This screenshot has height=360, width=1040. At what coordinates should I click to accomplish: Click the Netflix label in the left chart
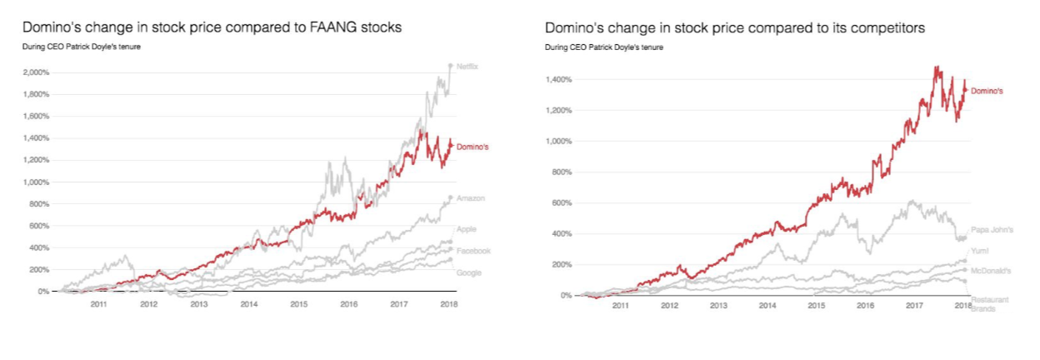(x=467, y=66)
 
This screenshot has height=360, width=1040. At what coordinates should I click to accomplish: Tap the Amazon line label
(x=471, y=198)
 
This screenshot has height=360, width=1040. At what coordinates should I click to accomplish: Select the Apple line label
(x=466, y=229)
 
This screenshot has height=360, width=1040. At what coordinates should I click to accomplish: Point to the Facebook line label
(x=473, y=251)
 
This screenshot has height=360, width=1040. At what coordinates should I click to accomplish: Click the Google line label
(x=469, y=272)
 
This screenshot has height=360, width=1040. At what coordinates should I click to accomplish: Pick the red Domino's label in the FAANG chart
(x=472, y=147)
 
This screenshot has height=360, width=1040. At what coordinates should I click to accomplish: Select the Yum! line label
(x=980, y=251)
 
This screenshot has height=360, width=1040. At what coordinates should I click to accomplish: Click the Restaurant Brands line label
(x=988, y=301)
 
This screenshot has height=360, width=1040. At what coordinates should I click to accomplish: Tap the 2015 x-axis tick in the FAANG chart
(x=299, y=305)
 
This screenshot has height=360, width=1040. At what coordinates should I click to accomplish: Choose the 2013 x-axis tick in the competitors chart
(x=718, y=307)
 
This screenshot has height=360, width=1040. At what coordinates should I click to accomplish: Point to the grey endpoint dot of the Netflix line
(x=451, y=65)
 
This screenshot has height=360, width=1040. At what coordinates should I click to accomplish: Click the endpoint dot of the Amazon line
(x=451, y=197)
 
